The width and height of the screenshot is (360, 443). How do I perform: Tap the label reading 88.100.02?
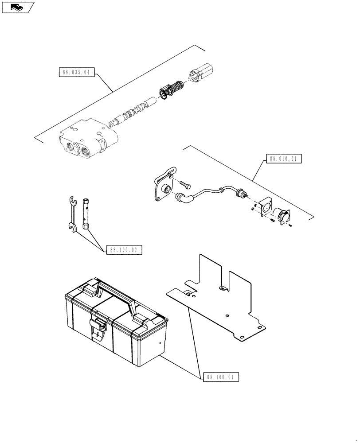click(124, 250)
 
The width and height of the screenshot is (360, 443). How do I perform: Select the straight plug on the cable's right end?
click(241, 194)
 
